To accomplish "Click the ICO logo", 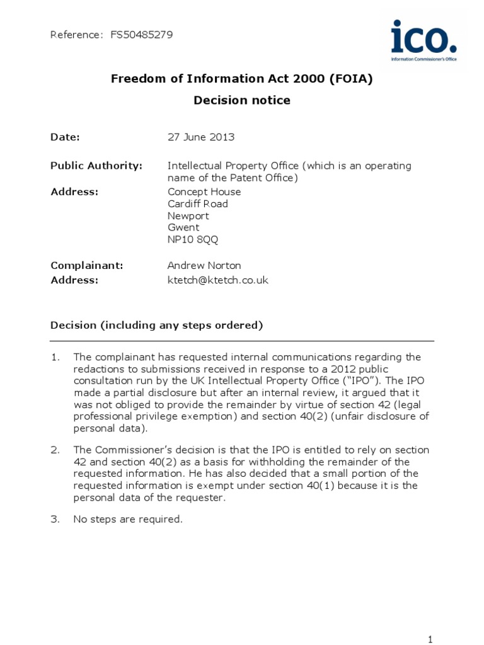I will coord(423,40).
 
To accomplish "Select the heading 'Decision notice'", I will coord(242,100).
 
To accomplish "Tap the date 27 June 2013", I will coord(201,137).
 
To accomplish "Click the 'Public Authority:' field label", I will coord(96,166).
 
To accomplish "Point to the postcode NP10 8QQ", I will coord(193,239).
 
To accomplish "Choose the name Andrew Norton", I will coord(204,266).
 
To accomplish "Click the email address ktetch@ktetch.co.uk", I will coord(218,280).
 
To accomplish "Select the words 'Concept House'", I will coord(204,191).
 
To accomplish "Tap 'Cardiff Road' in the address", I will coord(198,203).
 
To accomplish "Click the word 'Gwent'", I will coord(183,227).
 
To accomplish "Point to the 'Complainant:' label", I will coord(87,266).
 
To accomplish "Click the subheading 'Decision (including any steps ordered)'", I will coord(156,325).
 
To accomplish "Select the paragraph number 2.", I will coord(55,450).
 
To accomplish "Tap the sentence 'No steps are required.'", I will coord(128,519).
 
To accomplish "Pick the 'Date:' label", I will coord(66,137).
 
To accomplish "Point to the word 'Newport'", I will coord(188,215).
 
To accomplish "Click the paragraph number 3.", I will coord(55,519).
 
